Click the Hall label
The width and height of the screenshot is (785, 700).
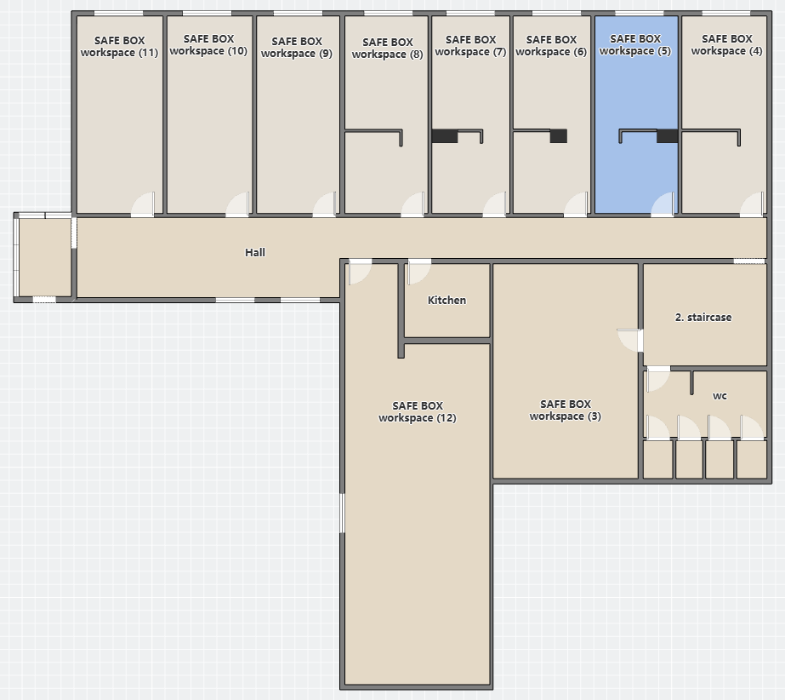(255, 252)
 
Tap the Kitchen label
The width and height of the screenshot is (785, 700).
(447, 300)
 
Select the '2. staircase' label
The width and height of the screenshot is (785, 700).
(703, 317)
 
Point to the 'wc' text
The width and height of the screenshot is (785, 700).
(720, 396)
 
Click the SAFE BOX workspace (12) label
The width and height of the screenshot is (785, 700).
(418, 411)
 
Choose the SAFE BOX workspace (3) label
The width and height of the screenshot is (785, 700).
(566, 410)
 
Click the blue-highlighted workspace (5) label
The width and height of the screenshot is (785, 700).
(634, 44)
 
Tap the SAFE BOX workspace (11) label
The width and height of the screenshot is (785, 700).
(119, 46)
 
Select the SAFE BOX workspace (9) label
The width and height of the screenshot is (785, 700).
(296, 47)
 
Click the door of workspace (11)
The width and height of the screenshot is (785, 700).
(143, 204)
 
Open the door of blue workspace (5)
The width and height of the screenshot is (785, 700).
(663, 204)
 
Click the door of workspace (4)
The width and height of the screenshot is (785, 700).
(752, 204)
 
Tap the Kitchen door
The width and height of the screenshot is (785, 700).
(419, 272)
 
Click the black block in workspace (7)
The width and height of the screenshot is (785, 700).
(445, 136)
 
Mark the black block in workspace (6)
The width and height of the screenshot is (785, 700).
(559, 136)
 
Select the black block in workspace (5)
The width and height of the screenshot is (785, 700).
(668, 136)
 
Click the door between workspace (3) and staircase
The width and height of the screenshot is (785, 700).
(630, 341)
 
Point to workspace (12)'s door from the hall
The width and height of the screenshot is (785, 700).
(361, 272)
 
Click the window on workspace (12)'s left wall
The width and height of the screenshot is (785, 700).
(343, 513)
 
